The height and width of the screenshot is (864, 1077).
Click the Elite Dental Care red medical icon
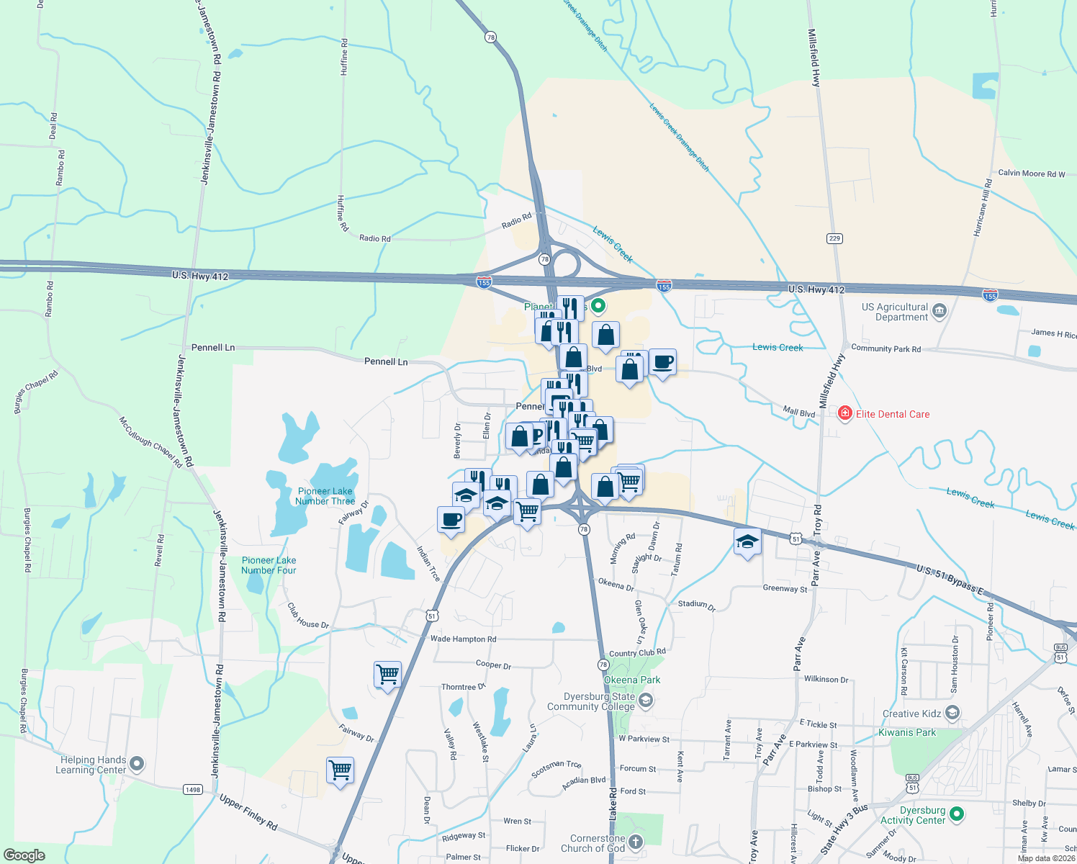point(844,413)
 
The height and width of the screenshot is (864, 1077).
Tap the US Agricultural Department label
point(895,312)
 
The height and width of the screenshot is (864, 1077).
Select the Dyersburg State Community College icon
point(646,701)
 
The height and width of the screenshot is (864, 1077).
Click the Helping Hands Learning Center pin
point(137,764)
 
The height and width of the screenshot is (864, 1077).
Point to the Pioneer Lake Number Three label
point(325,496)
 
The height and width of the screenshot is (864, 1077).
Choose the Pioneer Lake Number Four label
point(269,565)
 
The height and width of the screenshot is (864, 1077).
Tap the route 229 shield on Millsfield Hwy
point(834,238)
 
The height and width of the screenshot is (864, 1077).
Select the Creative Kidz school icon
point(952,714)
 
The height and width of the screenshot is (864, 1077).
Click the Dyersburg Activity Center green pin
point(956,814)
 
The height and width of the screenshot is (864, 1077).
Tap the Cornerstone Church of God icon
point(635,842)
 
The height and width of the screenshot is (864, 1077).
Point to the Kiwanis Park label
point(907,732)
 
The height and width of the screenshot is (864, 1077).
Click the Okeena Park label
point(631,680)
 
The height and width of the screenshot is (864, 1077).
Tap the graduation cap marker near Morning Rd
point(747,541)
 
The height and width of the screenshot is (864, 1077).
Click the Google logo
point(24,855)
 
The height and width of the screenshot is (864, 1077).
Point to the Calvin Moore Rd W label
point(1031,174)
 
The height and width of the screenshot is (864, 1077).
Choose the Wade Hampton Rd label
point(463,639)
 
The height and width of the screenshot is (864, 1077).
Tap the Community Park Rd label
point(886,348)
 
